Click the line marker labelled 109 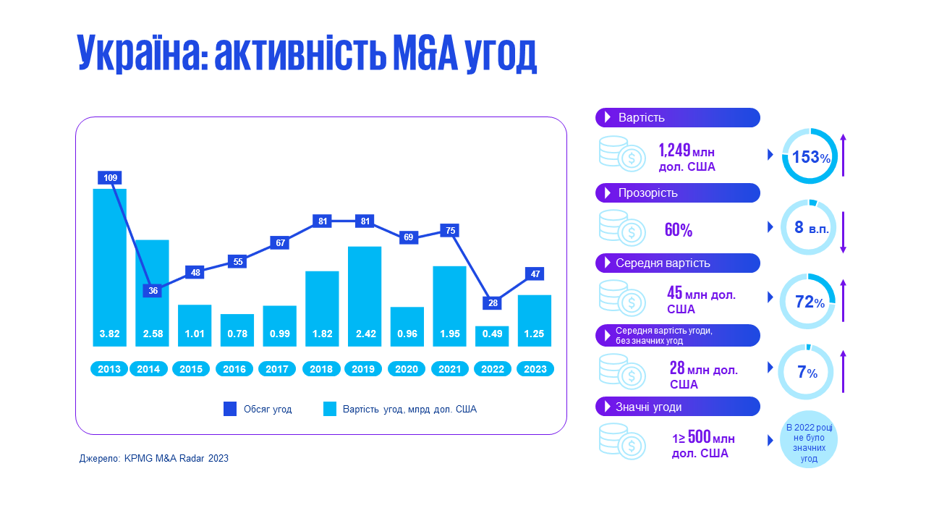[x=110, y=177]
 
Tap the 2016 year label [x=234, y=369]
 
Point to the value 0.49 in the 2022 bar [x=493, y=334]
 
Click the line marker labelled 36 [x=153, y=291]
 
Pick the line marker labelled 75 [x=450, y=230]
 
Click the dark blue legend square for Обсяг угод [x=230, y=409]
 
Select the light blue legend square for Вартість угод [x=329, y=409]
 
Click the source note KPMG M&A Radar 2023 [x=154, y=458]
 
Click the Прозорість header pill [x=677, y=193]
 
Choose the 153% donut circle [x=810, y=156]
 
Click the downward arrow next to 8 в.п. [x=843, y=228]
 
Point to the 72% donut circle [x=808, y=302]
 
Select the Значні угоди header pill [x=677, y=407]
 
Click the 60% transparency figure [x=679, y=231]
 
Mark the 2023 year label [x=535, y=369]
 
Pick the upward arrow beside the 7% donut [x=843, y=372]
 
